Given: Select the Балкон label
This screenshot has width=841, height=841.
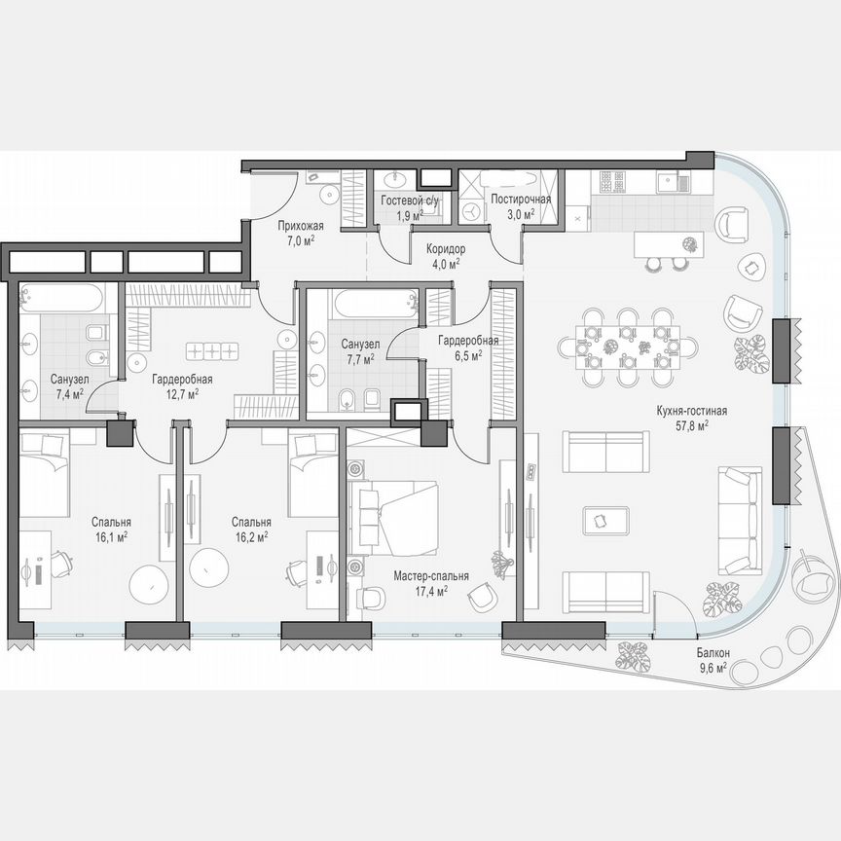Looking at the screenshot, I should click(714, 654).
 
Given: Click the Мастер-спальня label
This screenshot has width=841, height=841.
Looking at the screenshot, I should click(431, 576).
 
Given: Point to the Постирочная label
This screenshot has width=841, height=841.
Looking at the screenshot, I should click(521, 200).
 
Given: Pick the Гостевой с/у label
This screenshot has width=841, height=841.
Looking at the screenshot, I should click(410, 200).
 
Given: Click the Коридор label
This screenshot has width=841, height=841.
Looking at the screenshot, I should click(445, 249).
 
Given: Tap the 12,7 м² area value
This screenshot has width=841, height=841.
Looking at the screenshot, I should click(182, 394).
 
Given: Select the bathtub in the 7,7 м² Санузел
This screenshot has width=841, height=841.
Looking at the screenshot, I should click(372, 304).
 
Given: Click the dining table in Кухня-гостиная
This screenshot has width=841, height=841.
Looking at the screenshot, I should click(629, 345).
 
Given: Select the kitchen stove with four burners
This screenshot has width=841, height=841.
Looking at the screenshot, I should click(614, 180).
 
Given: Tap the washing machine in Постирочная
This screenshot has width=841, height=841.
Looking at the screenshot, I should click(472, 211).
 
